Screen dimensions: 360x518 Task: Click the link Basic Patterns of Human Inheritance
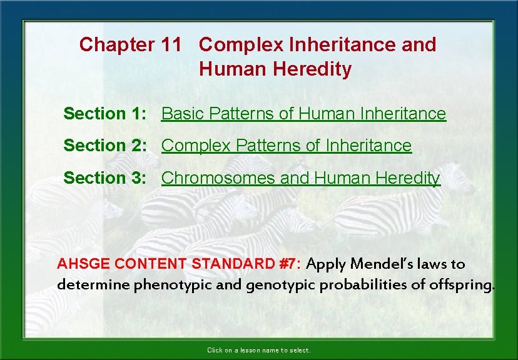(x=303, y=114)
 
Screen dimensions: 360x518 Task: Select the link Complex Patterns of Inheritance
(x=287, y=146)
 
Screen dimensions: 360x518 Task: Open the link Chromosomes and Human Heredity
(x=300, y=178)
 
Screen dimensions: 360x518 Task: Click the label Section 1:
(x=105, y=114)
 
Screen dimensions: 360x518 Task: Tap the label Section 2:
(x=105, y=146)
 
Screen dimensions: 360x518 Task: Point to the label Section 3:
(x=105, y=178)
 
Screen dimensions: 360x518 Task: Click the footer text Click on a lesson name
(x=258, y=351)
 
